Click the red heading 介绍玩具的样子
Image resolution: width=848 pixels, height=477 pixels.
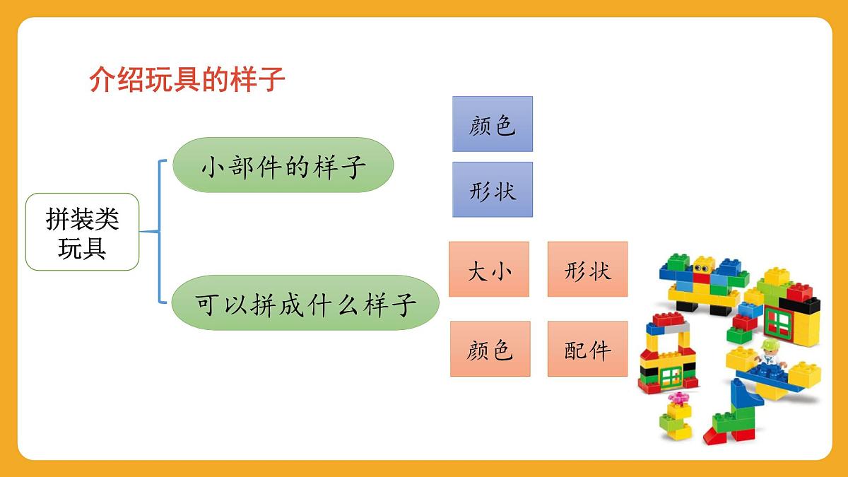point(187,81)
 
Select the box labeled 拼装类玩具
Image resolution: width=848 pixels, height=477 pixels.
point(82,232)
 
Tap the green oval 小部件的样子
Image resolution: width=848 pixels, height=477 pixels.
point(283,165)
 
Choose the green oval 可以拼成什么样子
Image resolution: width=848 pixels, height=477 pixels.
point(305,303)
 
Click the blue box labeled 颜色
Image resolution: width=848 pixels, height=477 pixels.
point(492,124)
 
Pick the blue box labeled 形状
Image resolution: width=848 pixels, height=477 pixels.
point(492,189)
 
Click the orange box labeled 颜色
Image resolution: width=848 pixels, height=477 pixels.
point(489,348)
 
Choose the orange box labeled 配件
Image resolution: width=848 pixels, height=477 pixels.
point(587,348)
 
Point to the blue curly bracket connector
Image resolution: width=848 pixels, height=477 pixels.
point(159,231)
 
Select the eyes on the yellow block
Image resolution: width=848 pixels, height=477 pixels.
point(702,268)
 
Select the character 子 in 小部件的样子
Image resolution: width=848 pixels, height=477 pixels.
point(353,167)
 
